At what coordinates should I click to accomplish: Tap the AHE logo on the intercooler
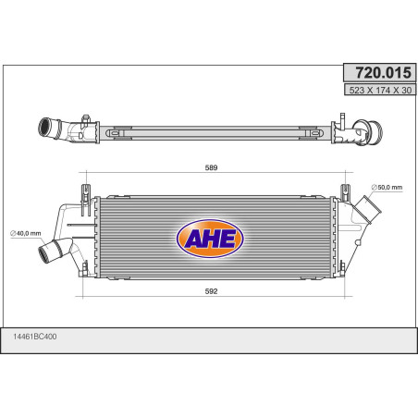[x=210, y=239]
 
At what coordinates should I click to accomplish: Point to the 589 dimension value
[x=210, y=168]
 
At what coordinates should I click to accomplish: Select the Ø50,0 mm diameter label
[x=387, y=189]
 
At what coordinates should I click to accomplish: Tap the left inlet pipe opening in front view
[x=46, y=251]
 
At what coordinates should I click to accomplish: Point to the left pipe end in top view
[x=43, y=127]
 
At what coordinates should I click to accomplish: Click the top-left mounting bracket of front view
[x=86, y=189]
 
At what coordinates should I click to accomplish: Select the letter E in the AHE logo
[x=229, y=240]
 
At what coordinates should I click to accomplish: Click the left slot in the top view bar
[x=118, y=133]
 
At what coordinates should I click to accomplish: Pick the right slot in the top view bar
[x=308, y=133]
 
